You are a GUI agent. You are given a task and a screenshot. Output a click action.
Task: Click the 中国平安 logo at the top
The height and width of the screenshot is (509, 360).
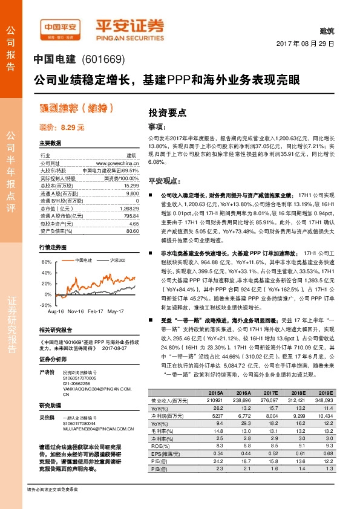tap(61, 27)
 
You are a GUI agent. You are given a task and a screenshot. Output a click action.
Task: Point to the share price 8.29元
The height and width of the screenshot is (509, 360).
tap(61, 128)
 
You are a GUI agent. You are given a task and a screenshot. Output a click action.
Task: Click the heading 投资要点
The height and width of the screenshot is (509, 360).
tap(166, 112)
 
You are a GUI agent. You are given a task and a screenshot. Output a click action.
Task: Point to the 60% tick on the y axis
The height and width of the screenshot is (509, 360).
tap(46, 262)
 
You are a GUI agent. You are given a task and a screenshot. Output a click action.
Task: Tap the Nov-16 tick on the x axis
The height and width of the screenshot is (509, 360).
tap(76, 311)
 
